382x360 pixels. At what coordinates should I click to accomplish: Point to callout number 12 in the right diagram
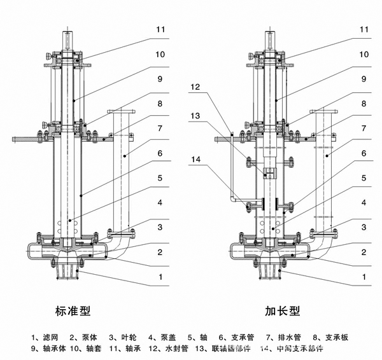(x=195, y=87)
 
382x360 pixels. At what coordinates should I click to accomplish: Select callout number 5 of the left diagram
(x=161, y=179)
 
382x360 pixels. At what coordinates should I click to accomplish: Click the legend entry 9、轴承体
(x=48, y=349)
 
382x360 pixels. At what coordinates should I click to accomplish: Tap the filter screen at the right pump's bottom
(x=271, y=271)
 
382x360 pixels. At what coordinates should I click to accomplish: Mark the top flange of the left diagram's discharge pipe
(x=120, y=112)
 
